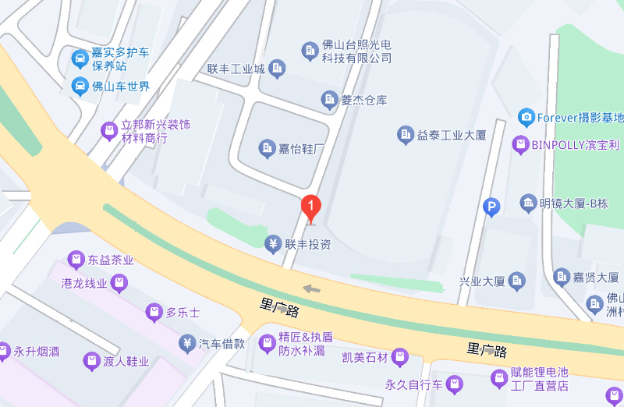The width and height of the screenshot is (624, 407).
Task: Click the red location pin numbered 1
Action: [311, 207]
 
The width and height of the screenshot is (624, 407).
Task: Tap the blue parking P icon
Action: [491, 207]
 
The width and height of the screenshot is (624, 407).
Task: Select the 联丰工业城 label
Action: [236, 69]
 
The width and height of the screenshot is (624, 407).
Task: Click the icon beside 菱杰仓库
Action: [329, 99]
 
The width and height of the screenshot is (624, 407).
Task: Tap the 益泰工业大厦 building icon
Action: [405, 135]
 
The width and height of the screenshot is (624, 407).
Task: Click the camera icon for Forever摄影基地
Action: [526, 118]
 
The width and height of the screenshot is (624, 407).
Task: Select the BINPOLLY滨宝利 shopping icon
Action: [520, 144]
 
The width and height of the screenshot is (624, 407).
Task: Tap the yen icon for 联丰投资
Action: [273, 244]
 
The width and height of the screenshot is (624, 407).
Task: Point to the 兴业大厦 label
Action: [482, 281]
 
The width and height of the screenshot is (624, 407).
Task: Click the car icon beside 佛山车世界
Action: [80, 86]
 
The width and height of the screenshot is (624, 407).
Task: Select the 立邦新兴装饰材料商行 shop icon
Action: [109, 131]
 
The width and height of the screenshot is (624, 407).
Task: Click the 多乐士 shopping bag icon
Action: [154, 313]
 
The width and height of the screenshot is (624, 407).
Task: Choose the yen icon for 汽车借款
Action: [187, 342]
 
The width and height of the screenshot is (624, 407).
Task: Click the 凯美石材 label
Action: [364, 358]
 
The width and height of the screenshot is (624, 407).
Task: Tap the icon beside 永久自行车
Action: [455, 384]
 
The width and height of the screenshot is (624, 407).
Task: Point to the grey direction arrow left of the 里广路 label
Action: [311, 289]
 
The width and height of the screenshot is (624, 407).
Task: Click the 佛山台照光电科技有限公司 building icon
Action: [310, 51]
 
